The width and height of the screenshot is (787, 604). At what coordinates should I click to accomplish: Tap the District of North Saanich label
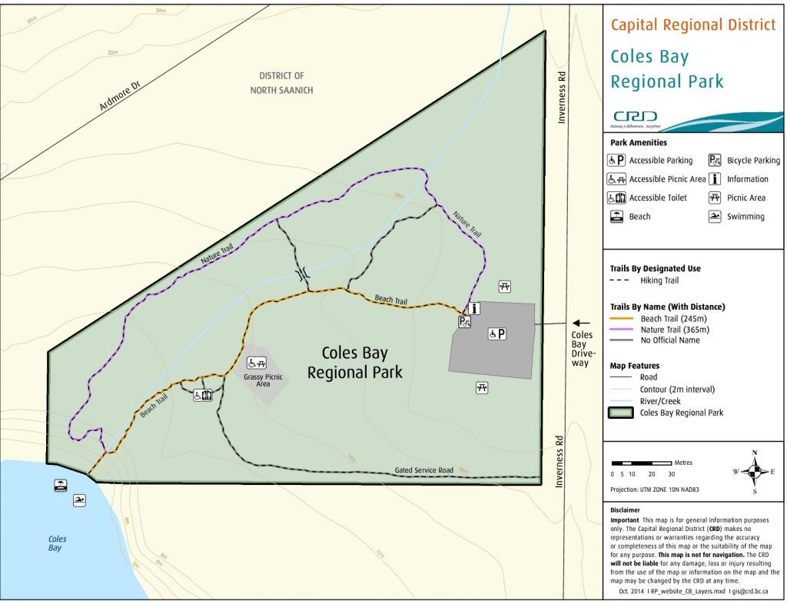coord(281,83)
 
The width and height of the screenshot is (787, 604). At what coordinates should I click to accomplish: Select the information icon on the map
coord(474,308)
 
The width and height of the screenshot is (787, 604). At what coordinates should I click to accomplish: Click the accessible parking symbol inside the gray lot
coord(497,334)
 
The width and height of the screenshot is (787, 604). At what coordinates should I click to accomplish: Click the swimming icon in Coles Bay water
coord(79,501)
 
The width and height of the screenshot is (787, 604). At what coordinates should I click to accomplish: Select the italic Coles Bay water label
coord(57,543)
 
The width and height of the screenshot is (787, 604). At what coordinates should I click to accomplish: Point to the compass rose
coord(754,471)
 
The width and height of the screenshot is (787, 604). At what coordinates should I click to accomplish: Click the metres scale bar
coord(642,463)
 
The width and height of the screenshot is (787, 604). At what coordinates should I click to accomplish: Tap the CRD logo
coord(635,118)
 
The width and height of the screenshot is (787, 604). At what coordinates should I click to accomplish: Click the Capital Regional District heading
coord(692,25)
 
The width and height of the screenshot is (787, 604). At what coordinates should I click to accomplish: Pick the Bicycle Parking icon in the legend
coord(714,161)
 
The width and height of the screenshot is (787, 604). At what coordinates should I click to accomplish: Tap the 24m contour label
coord(160,11)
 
